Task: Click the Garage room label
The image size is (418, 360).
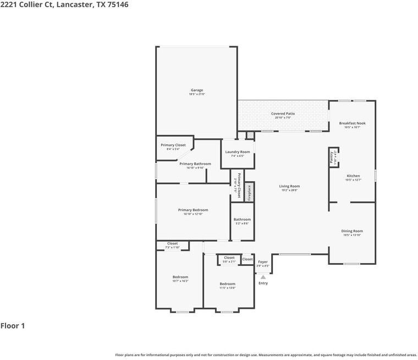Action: coord(197,90)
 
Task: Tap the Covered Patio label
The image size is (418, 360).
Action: coord(283,113)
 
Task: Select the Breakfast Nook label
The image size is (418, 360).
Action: coord(352,123)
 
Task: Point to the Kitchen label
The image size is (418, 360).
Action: coord(353,176)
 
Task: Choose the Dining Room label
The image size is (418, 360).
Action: coord(353,231)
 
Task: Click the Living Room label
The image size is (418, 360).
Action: coord(289,187)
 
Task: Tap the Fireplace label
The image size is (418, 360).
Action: coord(249,192)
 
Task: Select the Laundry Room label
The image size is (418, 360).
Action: coord(238,152)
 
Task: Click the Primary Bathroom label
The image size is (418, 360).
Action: coord(195,163)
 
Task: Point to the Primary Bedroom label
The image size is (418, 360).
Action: coord(193,210)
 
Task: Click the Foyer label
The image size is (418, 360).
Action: coord(263,262)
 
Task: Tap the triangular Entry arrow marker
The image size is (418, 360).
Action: coord(263,277)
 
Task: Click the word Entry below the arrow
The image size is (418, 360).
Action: coord(263,283)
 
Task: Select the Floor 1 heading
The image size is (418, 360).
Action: coord(13,326)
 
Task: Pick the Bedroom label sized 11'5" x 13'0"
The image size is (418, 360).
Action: coord(228,284)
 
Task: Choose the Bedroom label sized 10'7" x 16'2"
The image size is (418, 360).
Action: coord(180,277)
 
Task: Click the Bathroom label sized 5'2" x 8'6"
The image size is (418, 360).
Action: coord(242,220)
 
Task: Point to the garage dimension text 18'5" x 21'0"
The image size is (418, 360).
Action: coord(197,94)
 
